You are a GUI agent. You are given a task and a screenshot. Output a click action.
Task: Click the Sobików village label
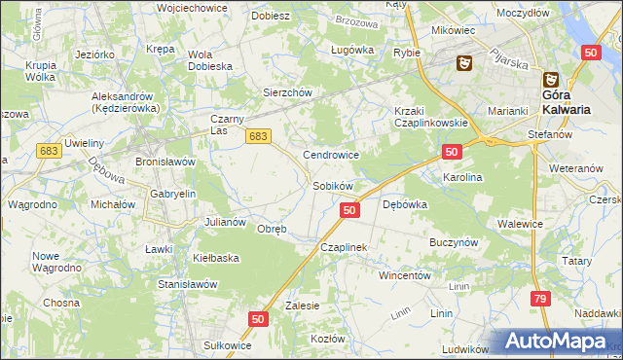click(331, 185)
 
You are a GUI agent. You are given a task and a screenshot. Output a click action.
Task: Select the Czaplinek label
click(343, 248)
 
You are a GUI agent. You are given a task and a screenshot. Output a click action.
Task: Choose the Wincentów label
click(405, 275)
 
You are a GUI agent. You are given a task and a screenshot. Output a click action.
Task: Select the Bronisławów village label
click(165, 162)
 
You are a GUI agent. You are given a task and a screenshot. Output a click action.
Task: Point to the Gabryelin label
click(173, 194)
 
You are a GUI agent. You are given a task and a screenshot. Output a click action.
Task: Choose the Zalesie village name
click(302, 305)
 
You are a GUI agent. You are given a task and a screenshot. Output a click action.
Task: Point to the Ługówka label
click(352, 49)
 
